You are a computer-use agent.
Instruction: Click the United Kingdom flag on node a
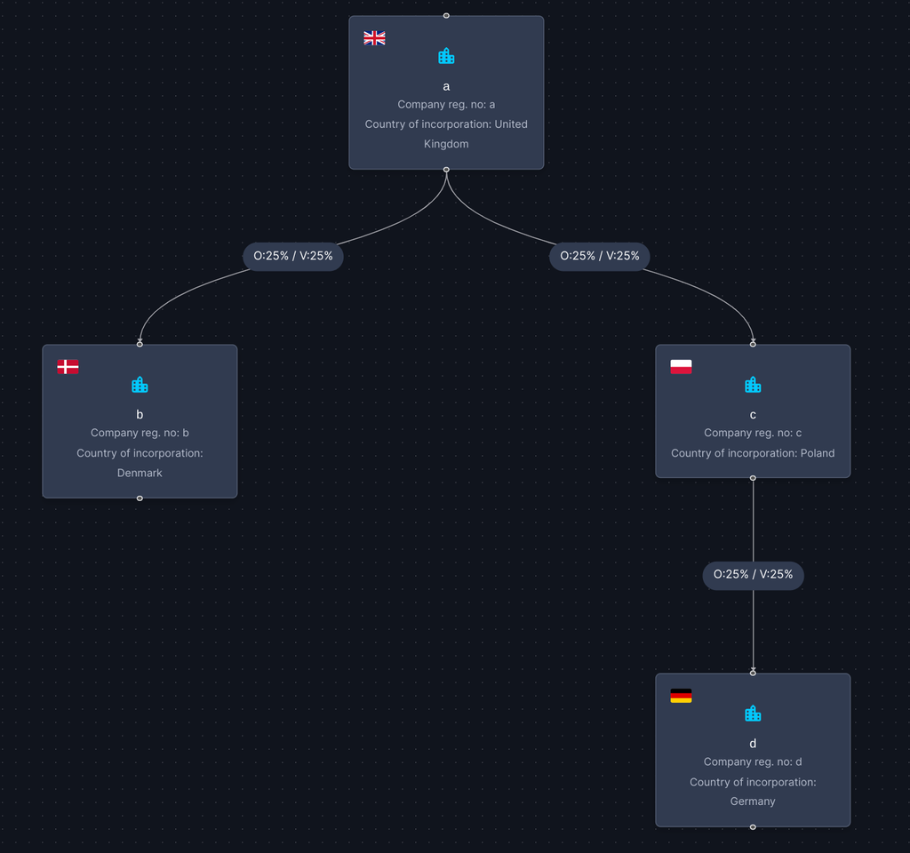(x=374, y=37)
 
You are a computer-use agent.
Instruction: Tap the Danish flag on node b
(x=68, y=367)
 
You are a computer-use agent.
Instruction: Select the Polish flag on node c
(x=681, y=367)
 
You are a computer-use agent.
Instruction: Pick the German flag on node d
(x=681, y=696)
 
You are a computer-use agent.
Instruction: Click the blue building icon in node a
(x=446, y=56)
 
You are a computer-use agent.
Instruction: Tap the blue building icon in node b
(x=140, y=384)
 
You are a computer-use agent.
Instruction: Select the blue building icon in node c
(x=753, y=384)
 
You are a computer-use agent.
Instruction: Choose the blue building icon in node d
(x=753, y=713)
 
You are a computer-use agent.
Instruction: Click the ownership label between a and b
(x=293, y=256)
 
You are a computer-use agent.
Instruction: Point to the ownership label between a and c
(x=600, y=256)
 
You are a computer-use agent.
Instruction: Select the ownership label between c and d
(x=753, y=575)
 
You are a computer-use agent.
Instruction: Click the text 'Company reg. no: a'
(x=446, y=105)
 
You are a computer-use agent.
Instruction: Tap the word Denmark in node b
(x=140, y=473)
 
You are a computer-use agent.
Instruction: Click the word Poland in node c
(x=818, y=453)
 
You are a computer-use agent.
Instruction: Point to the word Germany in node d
(x=753, y=801)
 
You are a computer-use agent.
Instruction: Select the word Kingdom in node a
(x=446, y=144)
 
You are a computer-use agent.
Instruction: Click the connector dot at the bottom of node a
(x=446, y=170)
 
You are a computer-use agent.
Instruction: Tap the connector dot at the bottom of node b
(x=140, y=498)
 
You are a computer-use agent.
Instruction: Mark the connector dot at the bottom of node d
(x=753, y=827)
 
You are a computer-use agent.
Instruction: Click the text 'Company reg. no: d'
(x=753, y=761)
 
